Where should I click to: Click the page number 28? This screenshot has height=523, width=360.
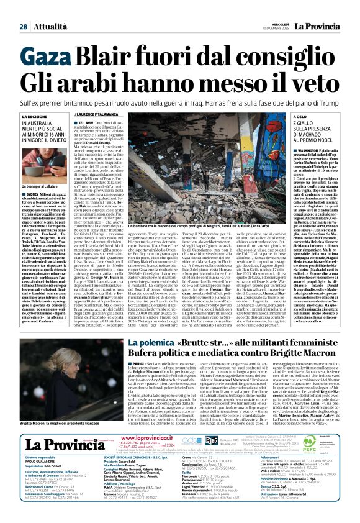[x=23, y=9]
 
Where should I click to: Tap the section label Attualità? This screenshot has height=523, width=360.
[x=48, y=9]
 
